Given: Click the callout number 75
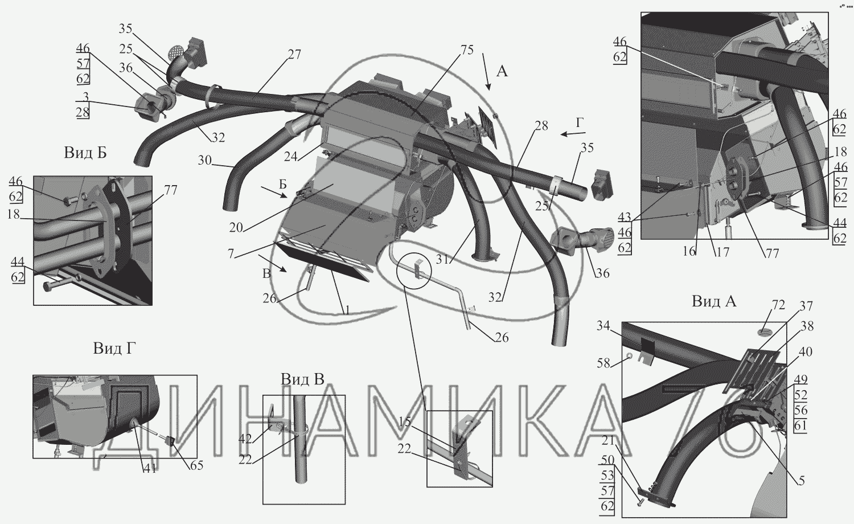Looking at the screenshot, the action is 466,50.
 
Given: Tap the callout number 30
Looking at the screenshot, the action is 204,160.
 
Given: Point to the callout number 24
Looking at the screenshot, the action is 291,157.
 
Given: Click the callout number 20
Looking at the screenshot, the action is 236,228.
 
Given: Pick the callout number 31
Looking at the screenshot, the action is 443,259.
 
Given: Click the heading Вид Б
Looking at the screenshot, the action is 85,153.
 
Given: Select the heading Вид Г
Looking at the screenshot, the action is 114,349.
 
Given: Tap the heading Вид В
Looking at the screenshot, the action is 303,379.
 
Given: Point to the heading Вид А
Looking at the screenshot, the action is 714,301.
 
